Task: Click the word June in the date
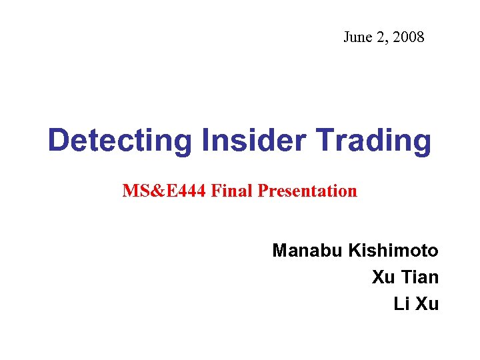357,37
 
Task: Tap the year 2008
408,37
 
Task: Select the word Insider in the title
244,140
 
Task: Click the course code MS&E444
164,191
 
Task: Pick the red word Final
232,191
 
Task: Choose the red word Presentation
307,192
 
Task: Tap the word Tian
419,277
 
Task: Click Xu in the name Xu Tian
383,277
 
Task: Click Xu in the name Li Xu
426,304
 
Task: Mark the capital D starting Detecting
57,141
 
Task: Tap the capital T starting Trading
327,141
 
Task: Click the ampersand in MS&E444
151,191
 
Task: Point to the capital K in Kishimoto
353,251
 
